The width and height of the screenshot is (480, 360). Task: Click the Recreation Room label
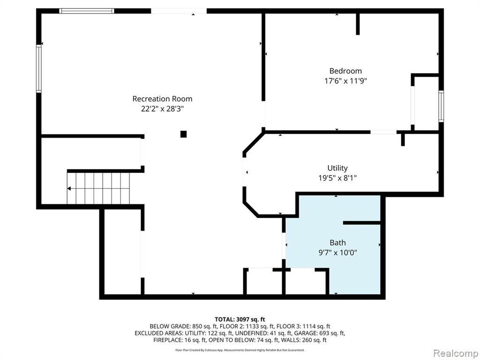point(162,99)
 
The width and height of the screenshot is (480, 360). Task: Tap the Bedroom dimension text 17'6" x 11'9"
point(345,81)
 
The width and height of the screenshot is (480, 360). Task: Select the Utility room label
point(337,168)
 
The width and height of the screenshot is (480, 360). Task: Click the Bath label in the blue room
point(337,243)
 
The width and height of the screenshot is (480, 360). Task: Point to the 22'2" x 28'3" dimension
point(162,109)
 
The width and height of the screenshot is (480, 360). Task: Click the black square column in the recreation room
point(183,134)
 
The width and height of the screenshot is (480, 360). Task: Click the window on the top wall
point(87,11)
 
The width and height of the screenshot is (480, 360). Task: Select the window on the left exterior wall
point(39,68)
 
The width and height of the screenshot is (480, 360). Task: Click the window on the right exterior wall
point(441,106)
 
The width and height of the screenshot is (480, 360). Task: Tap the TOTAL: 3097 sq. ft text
point(240,320)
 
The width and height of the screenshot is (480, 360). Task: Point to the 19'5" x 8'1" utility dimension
point(337,178)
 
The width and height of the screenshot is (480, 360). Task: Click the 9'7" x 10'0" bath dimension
point(337,253)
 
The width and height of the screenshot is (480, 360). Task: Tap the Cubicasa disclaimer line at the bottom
point(240,350)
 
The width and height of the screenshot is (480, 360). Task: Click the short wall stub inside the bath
point(361,223)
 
